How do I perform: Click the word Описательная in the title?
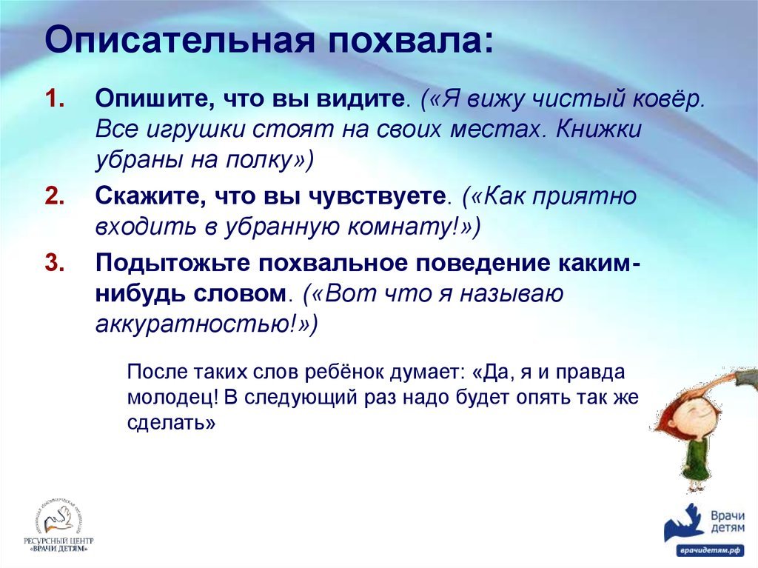pyautogui.click(x=181, y=40)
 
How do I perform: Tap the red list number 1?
pyautogui.click(x=55, y=98)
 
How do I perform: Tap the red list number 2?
pyautogui.click(x=55, y=196)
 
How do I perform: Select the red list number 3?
pyautogui.click(x=55, y=263)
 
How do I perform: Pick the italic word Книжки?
pyautogui.click(x=598, y=129)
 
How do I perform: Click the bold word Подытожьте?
pyautogui.click(x=174, y=263)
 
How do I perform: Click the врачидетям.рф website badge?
pyautogui.click(x=710, y=550)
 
